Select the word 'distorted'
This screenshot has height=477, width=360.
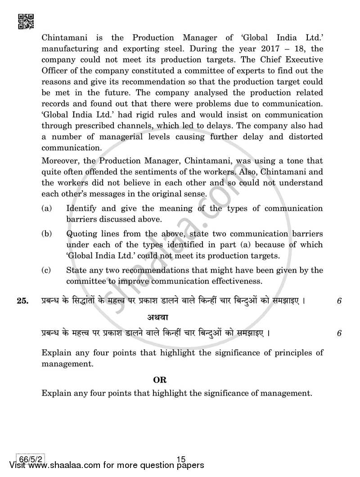(304, 137)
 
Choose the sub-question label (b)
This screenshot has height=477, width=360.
(46, 234)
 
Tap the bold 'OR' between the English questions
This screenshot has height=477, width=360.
(160, 380)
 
